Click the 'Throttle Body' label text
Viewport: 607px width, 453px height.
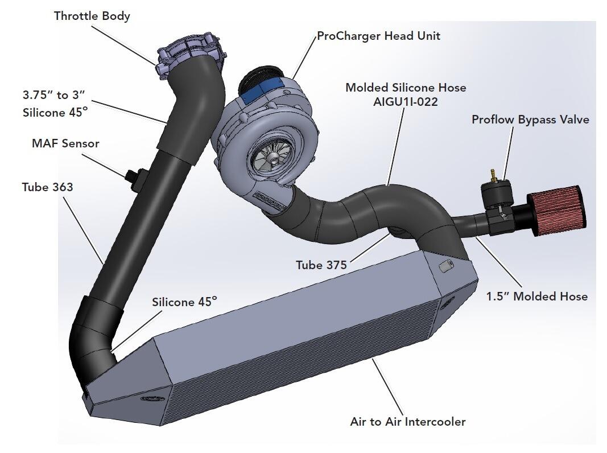(92, 16)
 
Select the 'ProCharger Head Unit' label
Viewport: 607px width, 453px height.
(378, 36)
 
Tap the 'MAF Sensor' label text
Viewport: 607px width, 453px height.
(65, 143)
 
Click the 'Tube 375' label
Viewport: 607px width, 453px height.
(321, 265)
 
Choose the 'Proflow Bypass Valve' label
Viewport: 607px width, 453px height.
(530, 120)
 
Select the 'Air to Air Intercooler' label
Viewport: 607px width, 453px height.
(407, 422)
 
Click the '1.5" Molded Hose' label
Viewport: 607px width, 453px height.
(536, 296)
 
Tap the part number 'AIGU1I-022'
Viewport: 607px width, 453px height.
(406, 102)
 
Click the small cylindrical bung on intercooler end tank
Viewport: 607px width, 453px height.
(445, 266)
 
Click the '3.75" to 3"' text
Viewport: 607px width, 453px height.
(53, 95)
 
